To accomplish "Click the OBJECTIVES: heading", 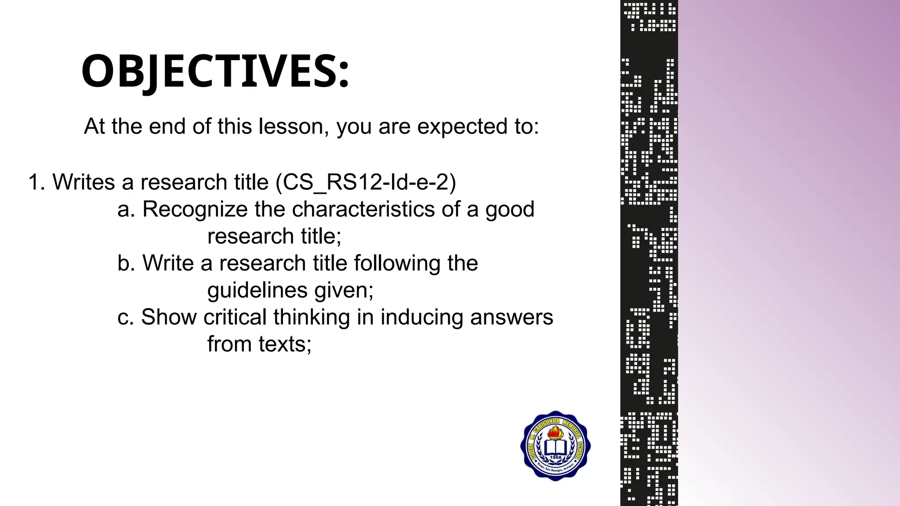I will click(x=215, y=72).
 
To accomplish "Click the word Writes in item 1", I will click(x=84, y=182).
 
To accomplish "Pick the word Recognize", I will click(x=195, y=210).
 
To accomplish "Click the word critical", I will click(x=235, y=317).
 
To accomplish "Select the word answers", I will click(x=512, y=317).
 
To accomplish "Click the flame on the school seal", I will click(x=555, y=432).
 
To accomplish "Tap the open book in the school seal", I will click(x=555, y=448).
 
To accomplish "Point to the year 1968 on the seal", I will click(x=555, y=458).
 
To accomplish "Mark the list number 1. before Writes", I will click(x=36, y=182).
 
